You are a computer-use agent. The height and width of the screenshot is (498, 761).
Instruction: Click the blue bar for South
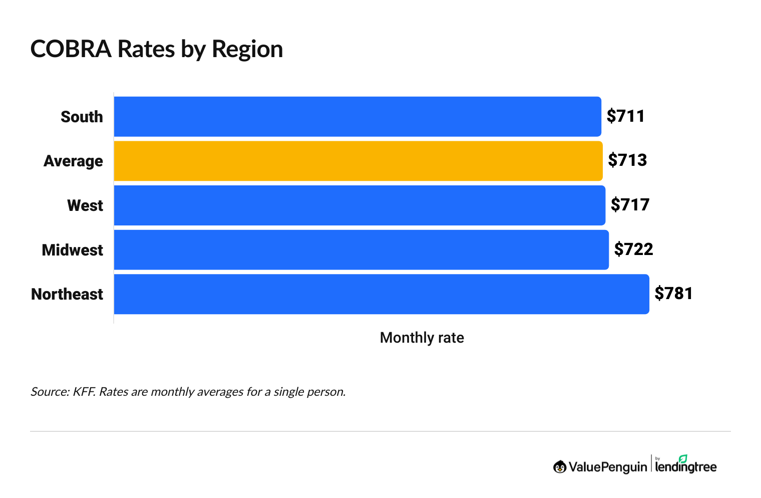click(x=357, y=116)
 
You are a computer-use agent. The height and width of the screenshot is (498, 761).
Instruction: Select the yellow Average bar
click(x=358, y=161)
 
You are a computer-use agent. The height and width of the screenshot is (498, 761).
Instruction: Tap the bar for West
click(x=359, y=205)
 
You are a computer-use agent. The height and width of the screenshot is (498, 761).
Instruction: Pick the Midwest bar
click(x=361, y=250)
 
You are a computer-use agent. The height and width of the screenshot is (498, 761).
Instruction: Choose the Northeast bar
click(x=381, y=294)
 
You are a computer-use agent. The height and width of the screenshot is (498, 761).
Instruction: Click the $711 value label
click(x=626, y=116)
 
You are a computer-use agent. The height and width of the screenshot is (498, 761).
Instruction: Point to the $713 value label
click(x=627, y=160)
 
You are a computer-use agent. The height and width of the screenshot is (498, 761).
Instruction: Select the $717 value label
click(x=630, y=205)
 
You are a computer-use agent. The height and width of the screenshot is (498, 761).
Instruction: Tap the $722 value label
click(x=633, y=249)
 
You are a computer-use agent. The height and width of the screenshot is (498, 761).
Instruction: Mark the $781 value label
click(x=673, y=294)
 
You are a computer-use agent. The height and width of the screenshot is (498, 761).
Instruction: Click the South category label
click(x=82, y=117)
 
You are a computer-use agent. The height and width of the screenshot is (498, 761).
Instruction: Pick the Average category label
click(x=73, y=161)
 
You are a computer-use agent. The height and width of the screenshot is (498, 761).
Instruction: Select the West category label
click(x=85, y=205)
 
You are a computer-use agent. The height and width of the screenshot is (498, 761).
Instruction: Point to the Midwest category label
click(x=73, y=250)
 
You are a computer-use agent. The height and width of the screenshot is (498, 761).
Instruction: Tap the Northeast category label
click(x=67, y=294)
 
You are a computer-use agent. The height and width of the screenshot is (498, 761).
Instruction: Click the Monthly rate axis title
click(x=422, y=338)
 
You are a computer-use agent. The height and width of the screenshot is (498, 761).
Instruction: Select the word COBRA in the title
click(x=71, y=49)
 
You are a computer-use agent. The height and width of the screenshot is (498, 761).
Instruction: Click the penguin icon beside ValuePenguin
click(x=560, y=467)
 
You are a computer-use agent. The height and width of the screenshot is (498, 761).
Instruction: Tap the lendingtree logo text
click(x=686, y=466)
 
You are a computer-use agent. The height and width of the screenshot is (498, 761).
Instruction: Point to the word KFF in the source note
click(x=83, y=391)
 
